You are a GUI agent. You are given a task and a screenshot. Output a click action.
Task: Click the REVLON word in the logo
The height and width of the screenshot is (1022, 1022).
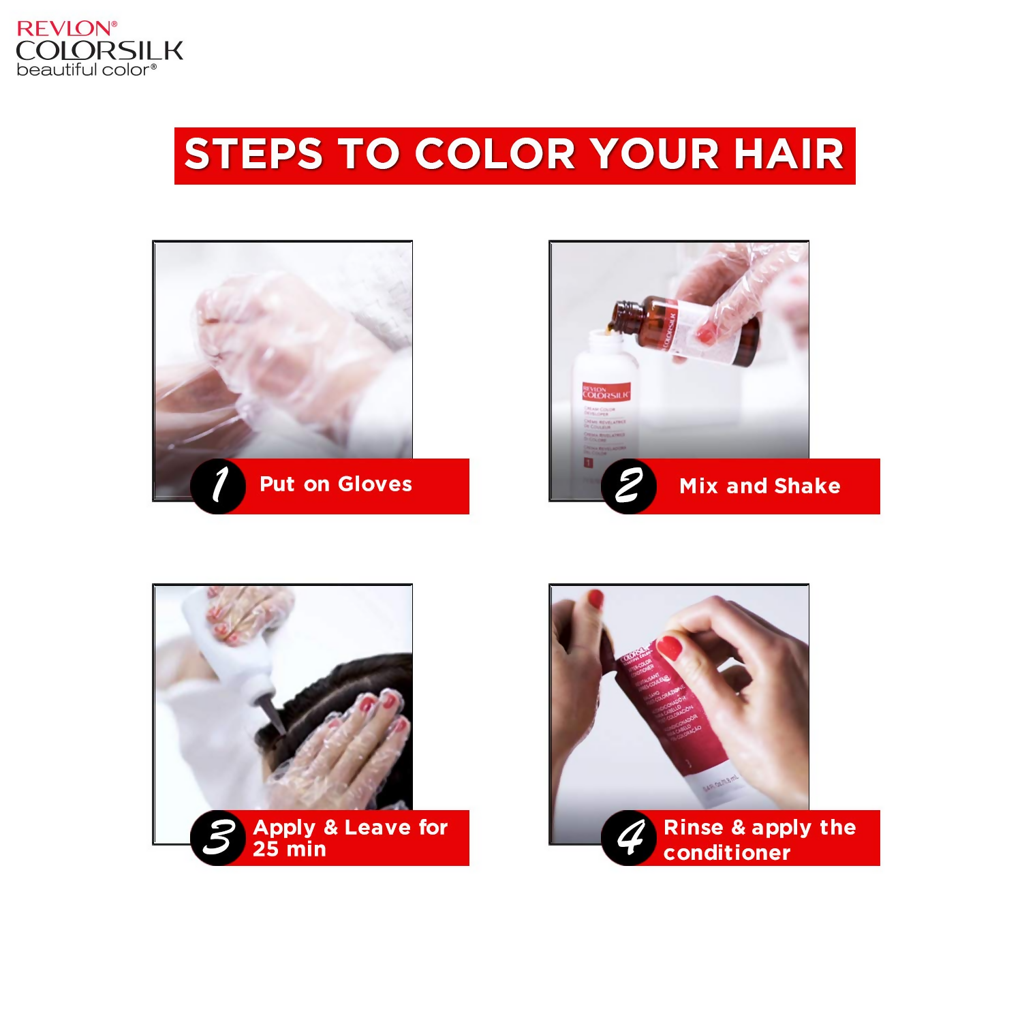pyautogui.click(x=66, y=29)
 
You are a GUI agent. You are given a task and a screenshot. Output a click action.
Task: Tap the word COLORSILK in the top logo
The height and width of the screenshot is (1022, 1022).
pyautogui.click(x=99, y=50)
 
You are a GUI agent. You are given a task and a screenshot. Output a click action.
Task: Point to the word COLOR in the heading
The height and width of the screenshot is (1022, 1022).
pyautogui.click(x=495, y=154)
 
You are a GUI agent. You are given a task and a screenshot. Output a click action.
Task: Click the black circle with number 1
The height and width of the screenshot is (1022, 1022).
pyautogui.click(x=218, y=486)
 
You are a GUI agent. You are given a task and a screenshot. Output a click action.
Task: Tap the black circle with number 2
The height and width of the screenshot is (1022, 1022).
pyautogui.click(x=629, y=486)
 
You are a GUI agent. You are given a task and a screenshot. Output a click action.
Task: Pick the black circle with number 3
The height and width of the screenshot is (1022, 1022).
pyautogui.click(x=218, y=837)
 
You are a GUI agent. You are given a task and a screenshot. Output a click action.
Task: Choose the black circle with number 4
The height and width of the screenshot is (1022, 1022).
pyautogui.click(x=629, y=837)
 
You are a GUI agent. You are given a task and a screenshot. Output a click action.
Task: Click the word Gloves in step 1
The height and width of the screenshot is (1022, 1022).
pyautogui.click(x=375, y=484)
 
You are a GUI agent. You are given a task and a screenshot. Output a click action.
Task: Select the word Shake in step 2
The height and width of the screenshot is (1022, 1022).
pyautogui.click(x=807, y=486)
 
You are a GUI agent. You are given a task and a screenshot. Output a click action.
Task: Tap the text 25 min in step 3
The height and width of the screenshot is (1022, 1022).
pyautogui.click(x=290, y=850)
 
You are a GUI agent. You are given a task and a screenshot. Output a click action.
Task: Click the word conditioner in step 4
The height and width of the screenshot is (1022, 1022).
pyautogui.click(x=727, y=853)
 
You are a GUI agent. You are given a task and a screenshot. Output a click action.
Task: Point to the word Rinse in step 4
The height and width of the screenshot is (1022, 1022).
pyautogui.click(x=693, y=828)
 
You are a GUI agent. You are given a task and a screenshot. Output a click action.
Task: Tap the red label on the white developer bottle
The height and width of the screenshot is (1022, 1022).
pyautogui.click(x=606, y=392)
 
